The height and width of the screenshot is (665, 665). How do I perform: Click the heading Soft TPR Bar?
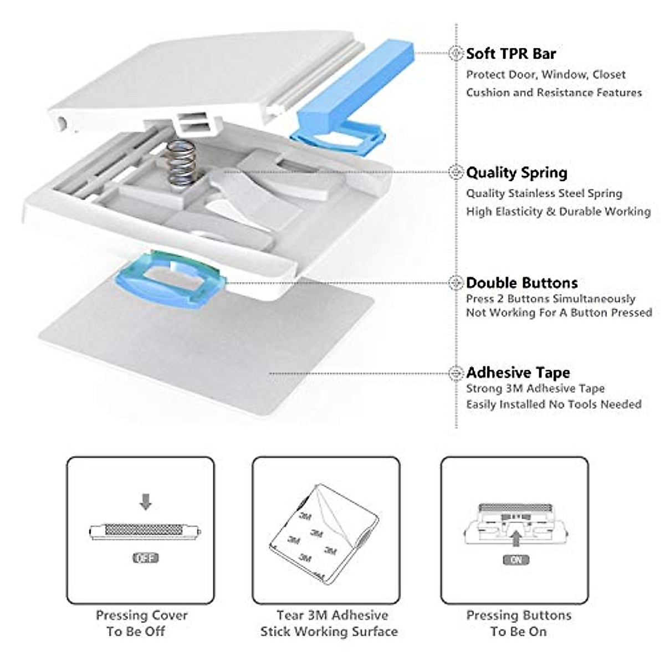tap(510, 54)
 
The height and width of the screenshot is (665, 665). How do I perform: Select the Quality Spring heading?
tap(516, 173)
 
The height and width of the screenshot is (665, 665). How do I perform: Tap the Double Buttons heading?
tap(521, 283)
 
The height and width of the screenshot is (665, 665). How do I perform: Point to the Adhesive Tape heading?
tap(518, 372)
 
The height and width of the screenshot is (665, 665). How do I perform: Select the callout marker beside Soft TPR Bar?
tap(456, 54)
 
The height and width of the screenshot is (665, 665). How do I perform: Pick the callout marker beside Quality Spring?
tap(456, 173)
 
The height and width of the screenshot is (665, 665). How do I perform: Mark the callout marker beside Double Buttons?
tap(456, 283)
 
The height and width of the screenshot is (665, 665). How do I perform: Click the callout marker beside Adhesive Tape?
tap(456, 373)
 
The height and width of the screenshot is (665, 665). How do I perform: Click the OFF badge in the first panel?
tap(145, 558)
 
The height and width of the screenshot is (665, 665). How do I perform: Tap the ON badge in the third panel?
tap(515, 560)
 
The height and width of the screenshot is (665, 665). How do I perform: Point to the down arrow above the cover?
tap(145, 502)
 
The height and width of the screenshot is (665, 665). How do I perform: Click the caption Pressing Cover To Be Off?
tap(141, 623)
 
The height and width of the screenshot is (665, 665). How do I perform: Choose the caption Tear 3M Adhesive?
tap(331, 615)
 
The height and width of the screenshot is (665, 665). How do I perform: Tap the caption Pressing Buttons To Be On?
tap(518, 623)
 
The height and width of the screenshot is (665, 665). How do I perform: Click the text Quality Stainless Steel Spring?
tap(544, 193)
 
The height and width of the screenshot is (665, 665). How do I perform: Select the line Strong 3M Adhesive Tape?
tap(535, 388)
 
